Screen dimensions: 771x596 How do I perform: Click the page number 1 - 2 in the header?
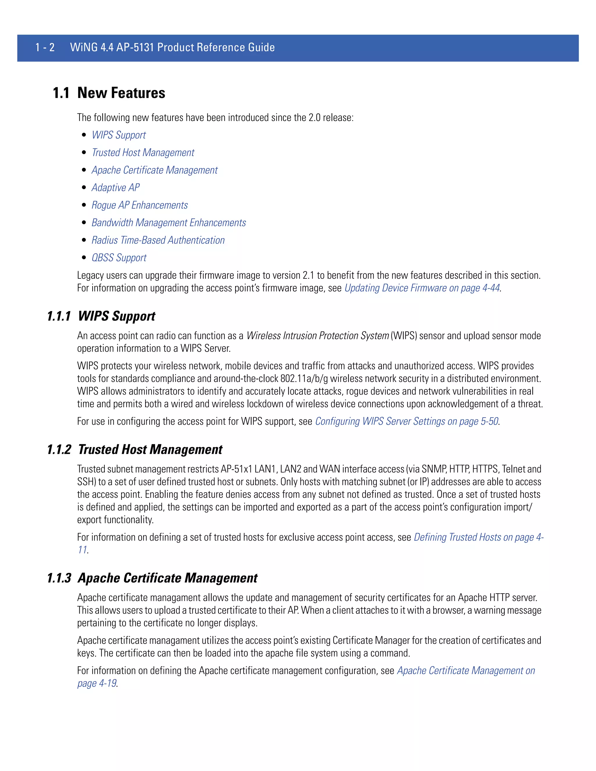point(45,47)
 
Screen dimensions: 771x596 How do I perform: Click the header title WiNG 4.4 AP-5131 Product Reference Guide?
point(172,47)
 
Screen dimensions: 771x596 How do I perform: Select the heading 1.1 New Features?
point(109,93)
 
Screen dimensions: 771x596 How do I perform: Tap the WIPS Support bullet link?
point(119,135)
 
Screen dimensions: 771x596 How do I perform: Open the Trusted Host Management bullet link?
point(143,152)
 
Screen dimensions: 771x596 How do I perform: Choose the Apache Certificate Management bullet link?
point(155,170)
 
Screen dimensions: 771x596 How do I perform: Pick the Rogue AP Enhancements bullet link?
point(139,205)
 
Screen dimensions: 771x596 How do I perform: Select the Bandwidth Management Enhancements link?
point(169,223)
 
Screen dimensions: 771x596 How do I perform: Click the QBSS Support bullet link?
point(119,258)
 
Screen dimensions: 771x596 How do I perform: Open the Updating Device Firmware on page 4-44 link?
point(422,288)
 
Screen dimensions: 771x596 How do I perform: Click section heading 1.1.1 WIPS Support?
point(101,316)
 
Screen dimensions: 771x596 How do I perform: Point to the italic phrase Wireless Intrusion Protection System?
point(317,336)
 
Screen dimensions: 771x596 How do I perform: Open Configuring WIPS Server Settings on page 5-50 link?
point(406,422)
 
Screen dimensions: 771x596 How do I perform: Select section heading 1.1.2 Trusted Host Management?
point(134,450)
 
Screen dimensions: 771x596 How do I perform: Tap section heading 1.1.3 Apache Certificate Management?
point(152,578)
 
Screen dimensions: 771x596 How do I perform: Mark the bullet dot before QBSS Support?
point(84,258)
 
